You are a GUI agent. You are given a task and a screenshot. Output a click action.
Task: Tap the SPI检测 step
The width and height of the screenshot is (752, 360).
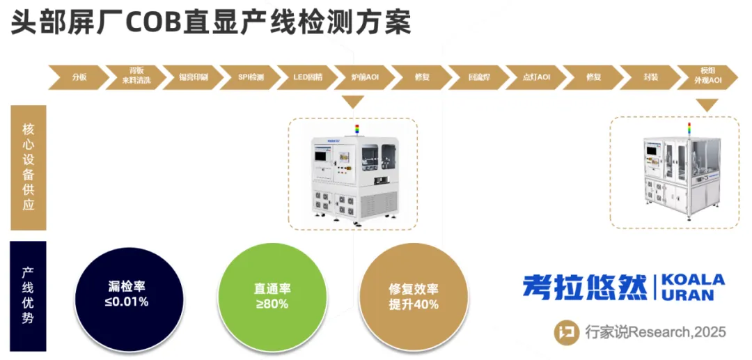click(251, 77)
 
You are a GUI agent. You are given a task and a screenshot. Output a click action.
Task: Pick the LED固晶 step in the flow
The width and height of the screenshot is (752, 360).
click(307, 77)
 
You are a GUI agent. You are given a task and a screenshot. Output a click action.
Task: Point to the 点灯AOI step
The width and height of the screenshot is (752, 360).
click(536, 77)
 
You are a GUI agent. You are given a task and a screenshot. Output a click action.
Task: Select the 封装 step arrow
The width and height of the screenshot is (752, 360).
click(650, 77)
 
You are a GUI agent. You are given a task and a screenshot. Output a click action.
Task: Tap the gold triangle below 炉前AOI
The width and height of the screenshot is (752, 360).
click(354, 102)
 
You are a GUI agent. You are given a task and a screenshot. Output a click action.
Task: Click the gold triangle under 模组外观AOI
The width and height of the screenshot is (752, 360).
click(707, 104)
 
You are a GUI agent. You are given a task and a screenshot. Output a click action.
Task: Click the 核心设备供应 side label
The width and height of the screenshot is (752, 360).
click(29, 168)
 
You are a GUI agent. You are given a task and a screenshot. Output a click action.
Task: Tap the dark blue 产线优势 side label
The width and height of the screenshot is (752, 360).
click(29, 296)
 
